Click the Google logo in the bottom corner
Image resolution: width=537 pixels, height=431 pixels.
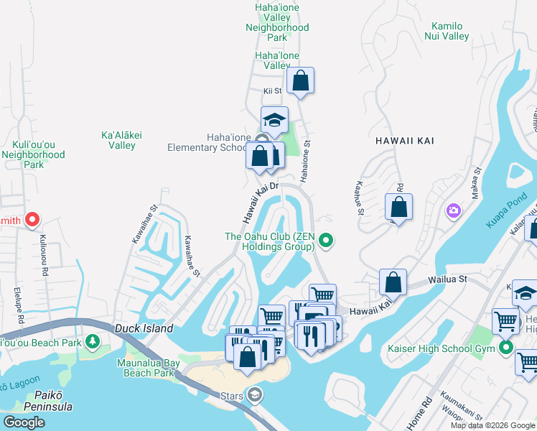pyautogui.click(x=24, y=422)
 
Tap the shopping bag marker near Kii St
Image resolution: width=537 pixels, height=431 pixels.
pyautogui.click(x=300, y=80)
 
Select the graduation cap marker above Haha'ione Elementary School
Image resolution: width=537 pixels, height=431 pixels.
pyautogui.click(x=274, y=120)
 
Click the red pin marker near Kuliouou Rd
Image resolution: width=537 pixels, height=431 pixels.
pyautogui.click(x=32, y=220)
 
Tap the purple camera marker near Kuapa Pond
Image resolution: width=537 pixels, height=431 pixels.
pyautogui.click(x=453, y=210)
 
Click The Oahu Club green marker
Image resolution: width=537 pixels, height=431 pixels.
pyautogui.click(x=326, y=241)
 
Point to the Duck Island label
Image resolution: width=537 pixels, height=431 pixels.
pyautogui.click(x=144, y=328)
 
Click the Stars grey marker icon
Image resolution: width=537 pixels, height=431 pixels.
pyautogui.click(x=255, y=394)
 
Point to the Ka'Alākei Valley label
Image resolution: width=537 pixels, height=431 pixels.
pyautogui.click(x=118, y=140)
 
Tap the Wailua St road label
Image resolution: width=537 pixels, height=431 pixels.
pyautogui.click(x=449, y=279)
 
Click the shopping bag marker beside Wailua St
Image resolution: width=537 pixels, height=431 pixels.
pyautogui.click(x=393, y=282)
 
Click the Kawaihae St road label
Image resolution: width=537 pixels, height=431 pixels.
pyautogui.click(x=191, y=256)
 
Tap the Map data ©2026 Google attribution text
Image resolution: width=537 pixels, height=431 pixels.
pyautogui.click(x=492, y=425)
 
